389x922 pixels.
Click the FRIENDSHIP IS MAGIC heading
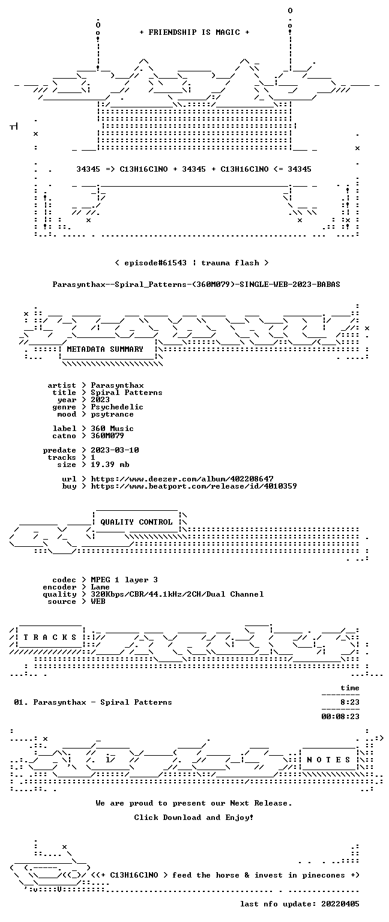coord(194,32)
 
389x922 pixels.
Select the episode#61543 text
coord(155,262)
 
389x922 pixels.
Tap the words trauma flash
coord(230,262)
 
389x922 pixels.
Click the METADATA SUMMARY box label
coord(105,349)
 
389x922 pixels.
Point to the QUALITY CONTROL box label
coord(136,522)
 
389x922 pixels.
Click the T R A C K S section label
coord(50,637)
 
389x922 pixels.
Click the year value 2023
coord(100,400)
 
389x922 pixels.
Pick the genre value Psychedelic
coord(117,406)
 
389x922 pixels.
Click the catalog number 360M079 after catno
coord(107,435)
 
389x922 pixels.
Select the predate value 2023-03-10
coord(115,450)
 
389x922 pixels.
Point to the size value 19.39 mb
coord(110,464)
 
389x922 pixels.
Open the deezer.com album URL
coord(182,478)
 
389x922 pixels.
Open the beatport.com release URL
coord(193,486)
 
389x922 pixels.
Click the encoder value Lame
coord(100,587)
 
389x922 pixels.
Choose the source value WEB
coord(98,601)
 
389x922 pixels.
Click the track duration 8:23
coord(349,702)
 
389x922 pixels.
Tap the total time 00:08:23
coord(340,717)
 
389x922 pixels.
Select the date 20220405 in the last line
coord(340,904)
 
